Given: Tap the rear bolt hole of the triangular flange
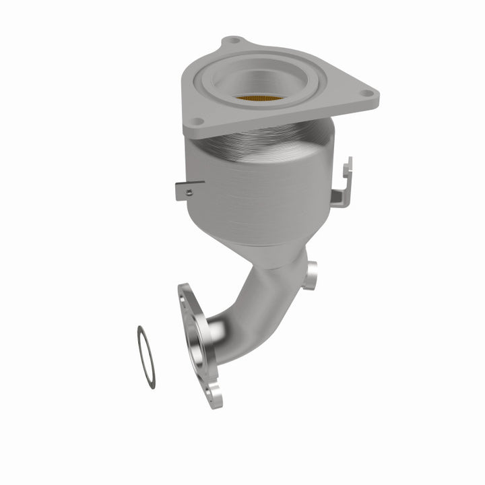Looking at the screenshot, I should pyautogui.click(x=233, y=41).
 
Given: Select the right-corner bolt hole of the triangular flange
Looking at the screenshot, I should pyautogui.click(x=366, y=94).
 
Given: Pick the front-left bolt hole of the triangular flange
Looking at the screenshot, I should pyautogui.click(x=197, y=122).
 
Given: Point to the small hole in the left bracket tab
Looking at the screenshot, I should pyautogui.click(x=189, y=191).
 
